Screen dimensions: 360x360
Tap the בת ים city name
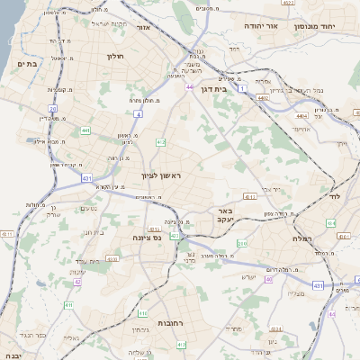click(24, 64)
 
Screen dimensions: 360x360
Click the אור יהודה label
click(267, 28)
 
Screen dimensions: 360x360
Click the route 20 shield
click(53, 109)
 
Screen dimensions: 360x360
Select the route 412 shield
click(160, 142)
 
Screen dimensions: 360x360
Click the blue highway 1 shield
click(242, 89)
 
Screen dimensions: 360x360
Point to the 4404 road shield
click(301, 115)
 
